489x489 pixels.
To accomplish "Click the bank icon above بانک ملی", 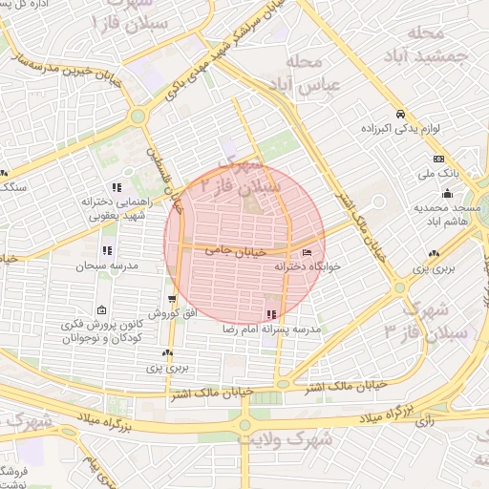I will pyautogui.click(x=438, y=159).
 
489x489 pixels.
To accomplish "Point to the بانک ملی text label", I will pyautogui.click(x=438, y=175).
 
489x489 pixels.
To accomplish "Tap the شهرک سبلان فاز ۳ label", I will pyautogui.click(x=427, y=319).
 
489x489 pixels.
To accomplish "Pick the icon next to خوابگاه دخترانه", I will pyautogui.click(x=306, y=252).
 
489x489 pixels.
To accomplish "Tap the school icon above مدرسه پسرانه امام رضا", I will pyautogui.click(x=272, y=313).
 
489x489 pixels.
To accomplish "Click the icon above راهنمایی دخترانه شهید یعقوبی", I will pyautogui.click(x=117, y=187).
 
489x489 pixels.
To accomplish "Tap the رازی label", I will pyautogui.click(x=427, y=419).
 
